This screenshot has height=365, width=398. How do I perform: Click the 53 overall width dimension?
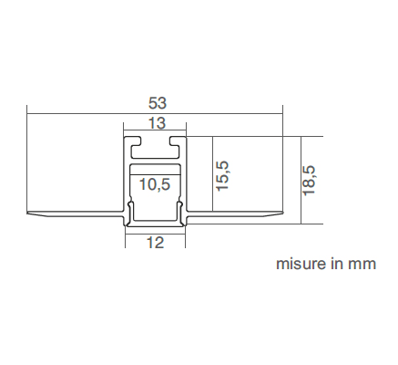coord(158,103)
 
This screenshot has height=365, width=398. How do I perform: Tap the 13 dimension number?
coord(158,123)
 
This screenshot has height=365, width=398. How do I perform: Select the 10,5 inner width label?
coord(155,184)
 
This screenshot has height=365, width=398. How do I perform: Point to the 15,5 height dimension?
coord(222,176)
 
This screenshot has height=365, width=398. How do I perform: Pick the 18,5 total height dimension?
coord(309,181)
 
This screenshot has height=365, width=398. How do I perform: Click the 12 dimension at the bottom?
coord(155,243)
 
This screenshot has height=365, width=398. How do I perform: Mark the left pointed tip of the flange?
coord(27,213)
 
